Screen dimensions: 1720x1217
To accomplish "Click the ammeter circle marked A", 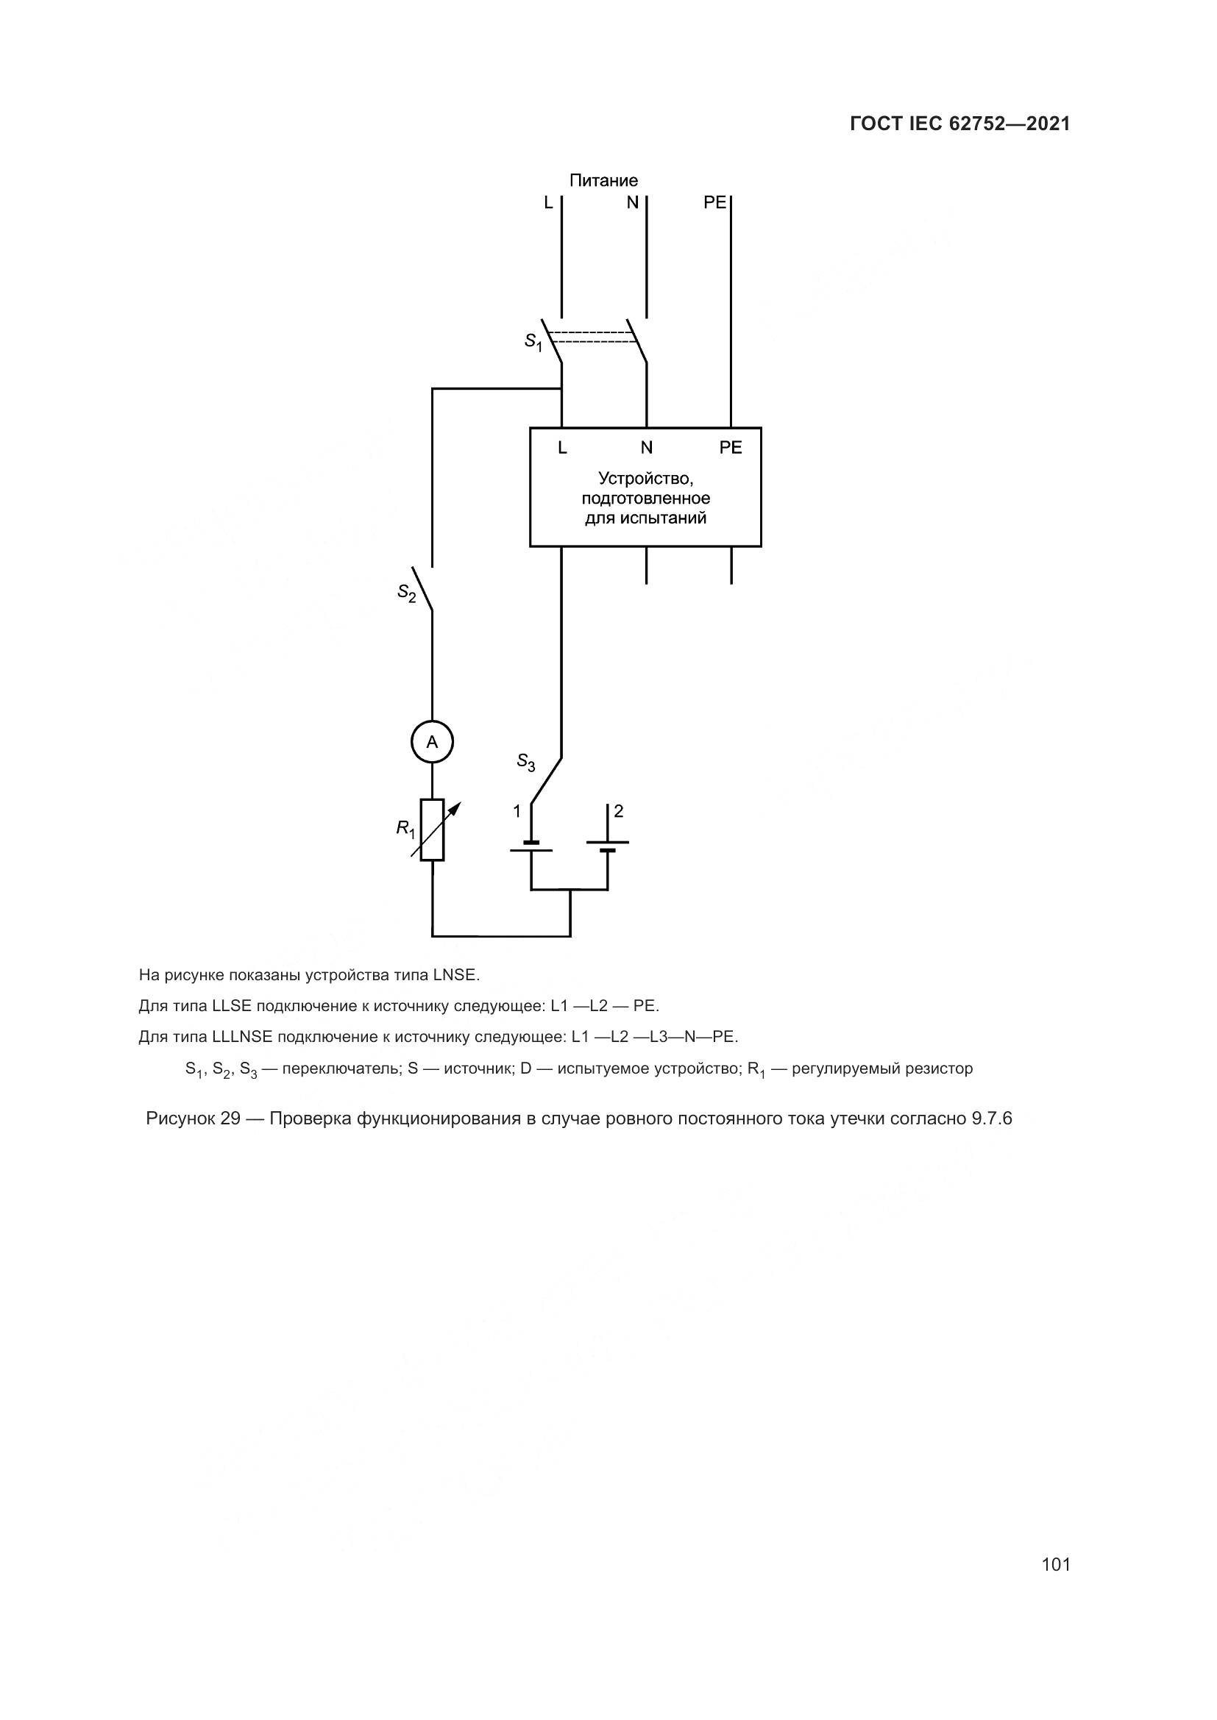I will pyautogui.click(x=432, y=742).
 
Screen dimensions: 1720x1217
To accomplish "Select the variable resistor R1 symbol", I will pyautogui.click(x=433, y=829).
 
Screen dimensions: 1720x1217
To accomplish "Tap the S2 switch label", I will pyautogui.click(x=407, y=593).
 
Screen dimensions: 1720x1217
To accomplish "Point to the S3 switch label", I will pyautogui.click(x=526, y=762).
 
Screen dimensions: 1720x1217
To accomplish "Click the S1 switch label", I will pyautogui.click(x=533, y=343).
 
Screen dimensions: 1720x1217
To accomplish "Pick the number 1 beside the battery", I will pyautogui.click(x=517, y=811).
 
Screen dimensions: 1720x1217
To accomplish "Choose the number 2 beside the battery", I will pyautogui.click(x=618, y=810).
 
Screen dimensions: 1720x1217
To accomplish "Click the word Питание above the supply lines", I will pyautogui.click(x=603, y=181).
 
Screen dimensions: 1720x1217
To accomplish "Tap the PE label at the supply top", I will pyautogui.click(x=714, y=202).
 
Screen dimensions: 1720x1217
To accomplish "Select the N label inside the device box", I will pyautogui.click(x=646, y=448).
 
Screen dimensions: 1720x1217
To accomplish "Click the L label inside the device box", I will pyautogui.click(x=562, y=448).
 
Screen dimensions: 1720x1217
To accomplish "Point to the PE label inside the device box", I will pyautogui.click(x=730, y=448).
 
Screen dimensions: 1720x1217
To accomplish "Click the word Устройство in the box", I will pyautogui.click(x=645, y=478).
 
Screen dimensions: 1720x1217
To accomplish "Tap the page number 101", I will pyautogui.click(x=1055, y=1564).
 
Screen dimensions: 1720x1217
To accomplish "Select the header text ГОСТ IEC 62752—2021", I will pyautogui.click(x=960, y=124).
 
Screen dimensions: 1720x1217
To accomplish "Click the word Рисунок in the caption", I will pyautogui.click(x=180, y=1118).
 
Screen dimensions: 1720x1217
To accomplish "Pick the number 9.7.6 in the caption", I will pyautogui.click(x=991, y=1118).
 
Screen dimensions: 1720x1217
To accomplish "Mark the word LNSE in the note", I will pyautogui.click(x=455, y=975).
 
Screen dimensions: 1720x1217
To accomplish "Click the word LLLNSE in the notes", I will pyautogui.click(x=244, y=1037).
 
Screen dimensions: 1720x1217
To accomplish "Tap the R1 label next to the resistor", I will pyautogui.click(x=405, y=829).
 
